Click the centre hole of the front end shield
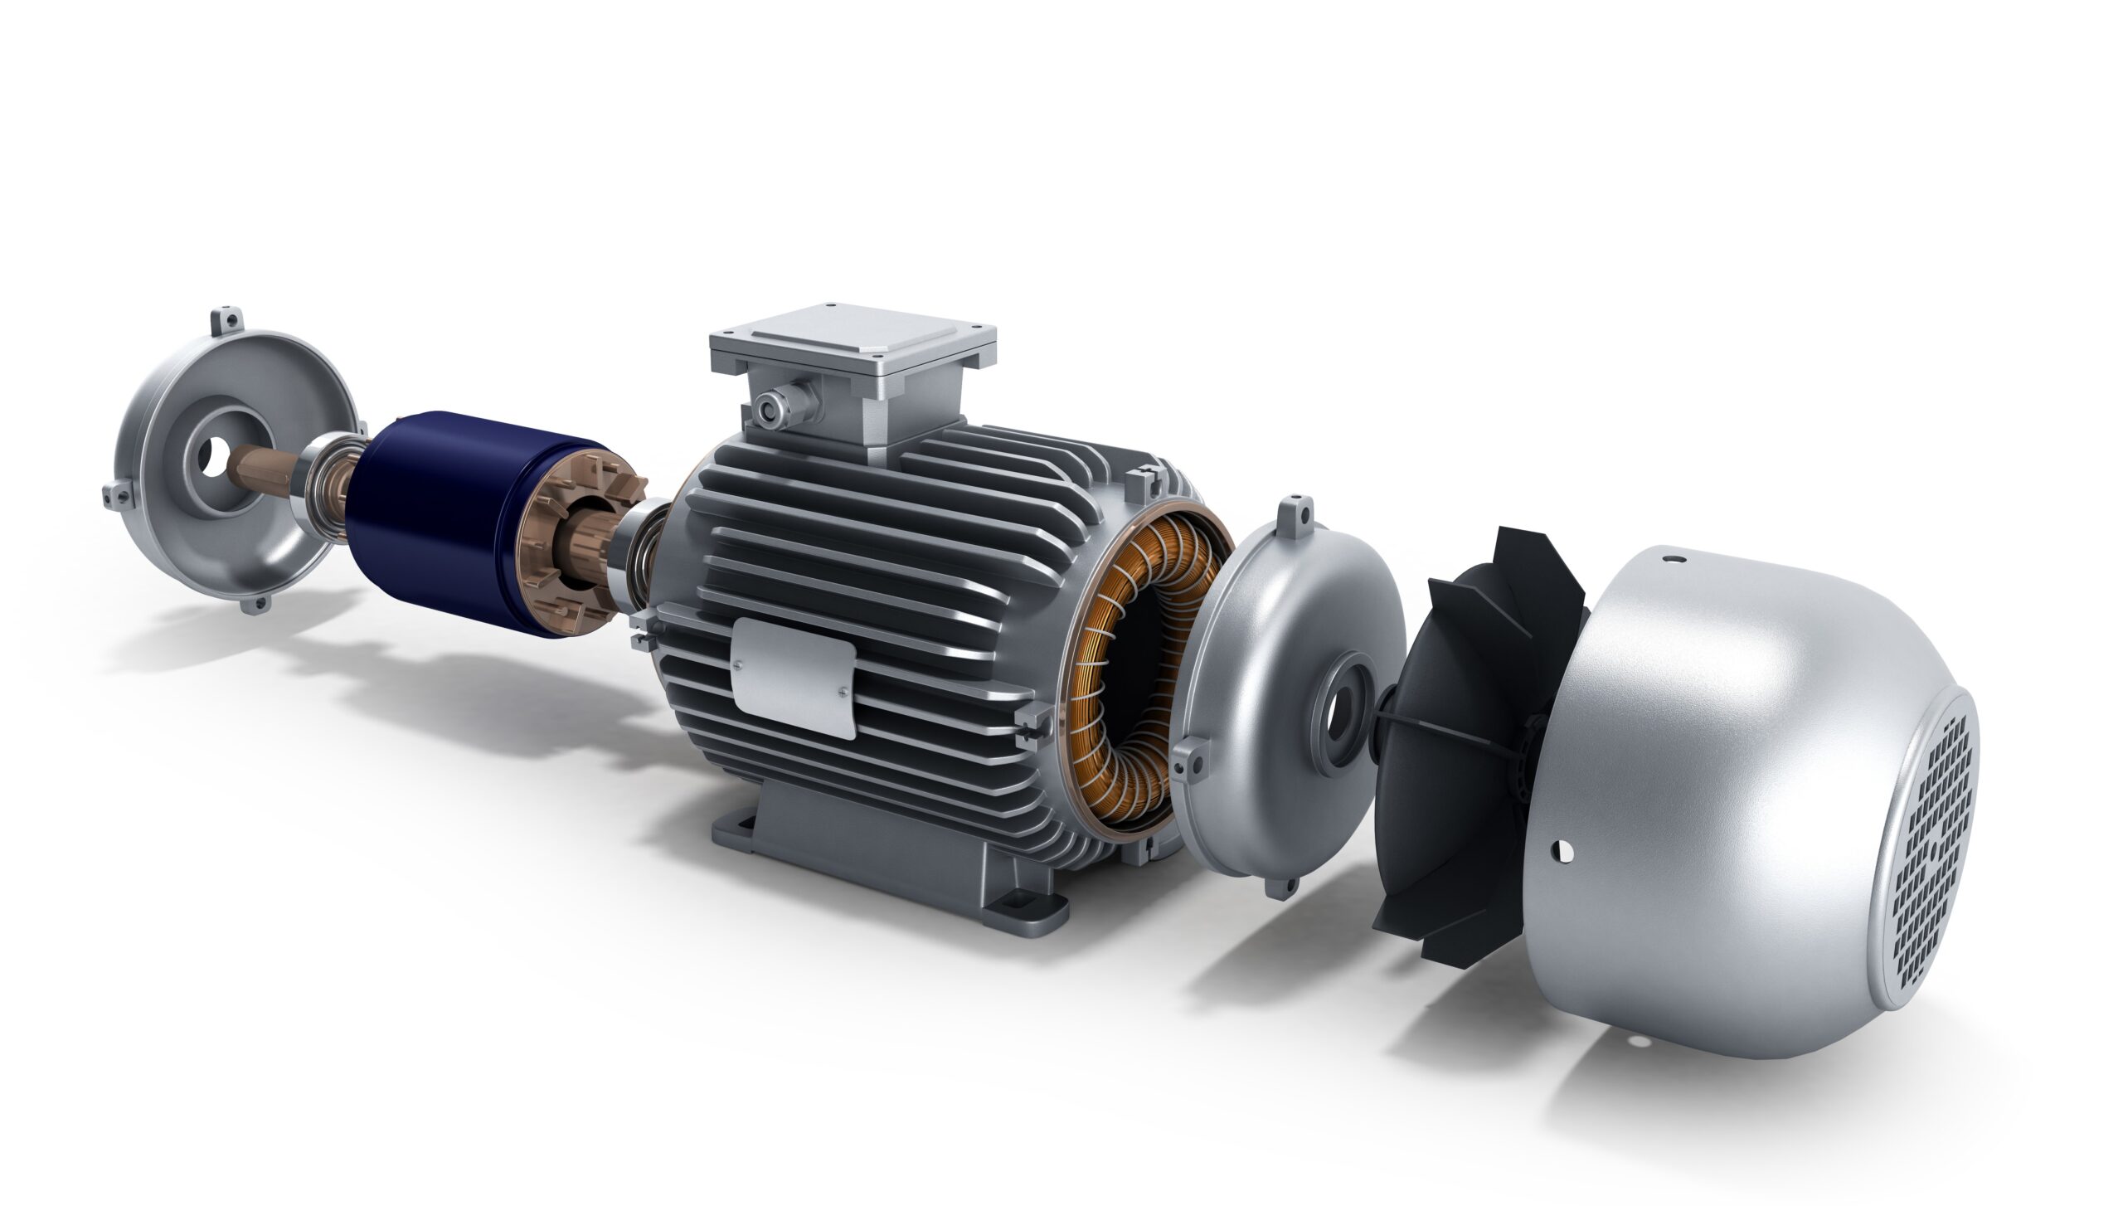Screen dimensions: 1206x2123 [215, 452]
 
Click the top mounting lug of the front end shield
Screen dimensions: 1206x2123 [225, 319]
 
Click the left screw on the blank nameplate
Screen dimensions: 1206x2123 [736, 664]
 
